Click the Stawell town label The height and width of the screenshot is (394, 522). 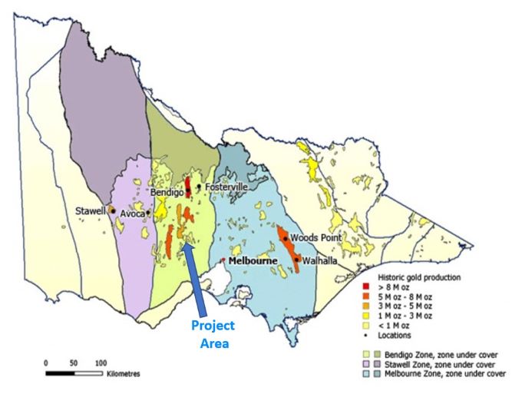(x=91, y=210)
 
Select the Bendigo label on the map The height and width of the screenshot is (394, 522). (x=167, y=192)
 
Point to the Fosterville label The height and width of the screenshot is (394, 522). (x=226, y=187)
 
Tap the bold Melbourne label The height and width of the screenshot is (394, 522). (x=253, y=261)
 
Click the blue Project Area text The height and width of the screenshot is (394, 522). (x=213, y=334)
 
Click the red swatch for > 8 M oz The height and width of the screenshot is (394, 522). (x=366, y=286)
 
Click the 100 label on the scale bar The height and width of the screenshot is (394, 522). (x=101, y=362)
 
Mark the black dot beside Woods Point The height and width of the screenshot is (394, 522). (x=286, y=238)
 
